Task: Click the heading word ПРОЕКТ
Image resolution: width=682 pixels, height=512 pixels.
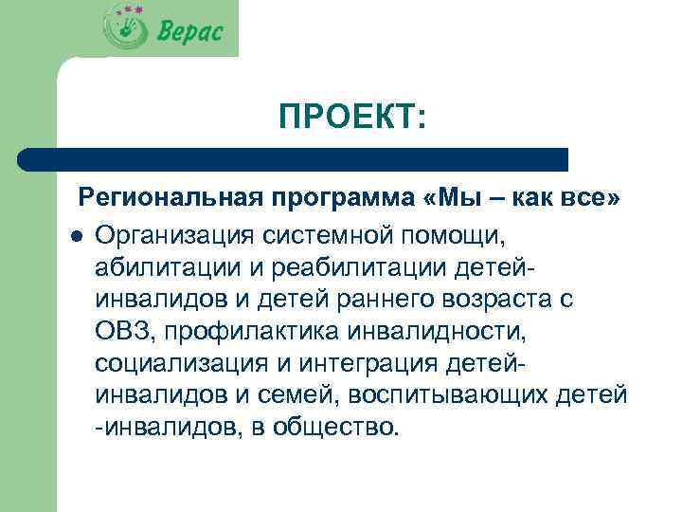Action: (351, 119)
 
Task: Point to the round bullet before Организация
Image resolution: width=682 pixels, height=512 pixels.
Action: (75, 233)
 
